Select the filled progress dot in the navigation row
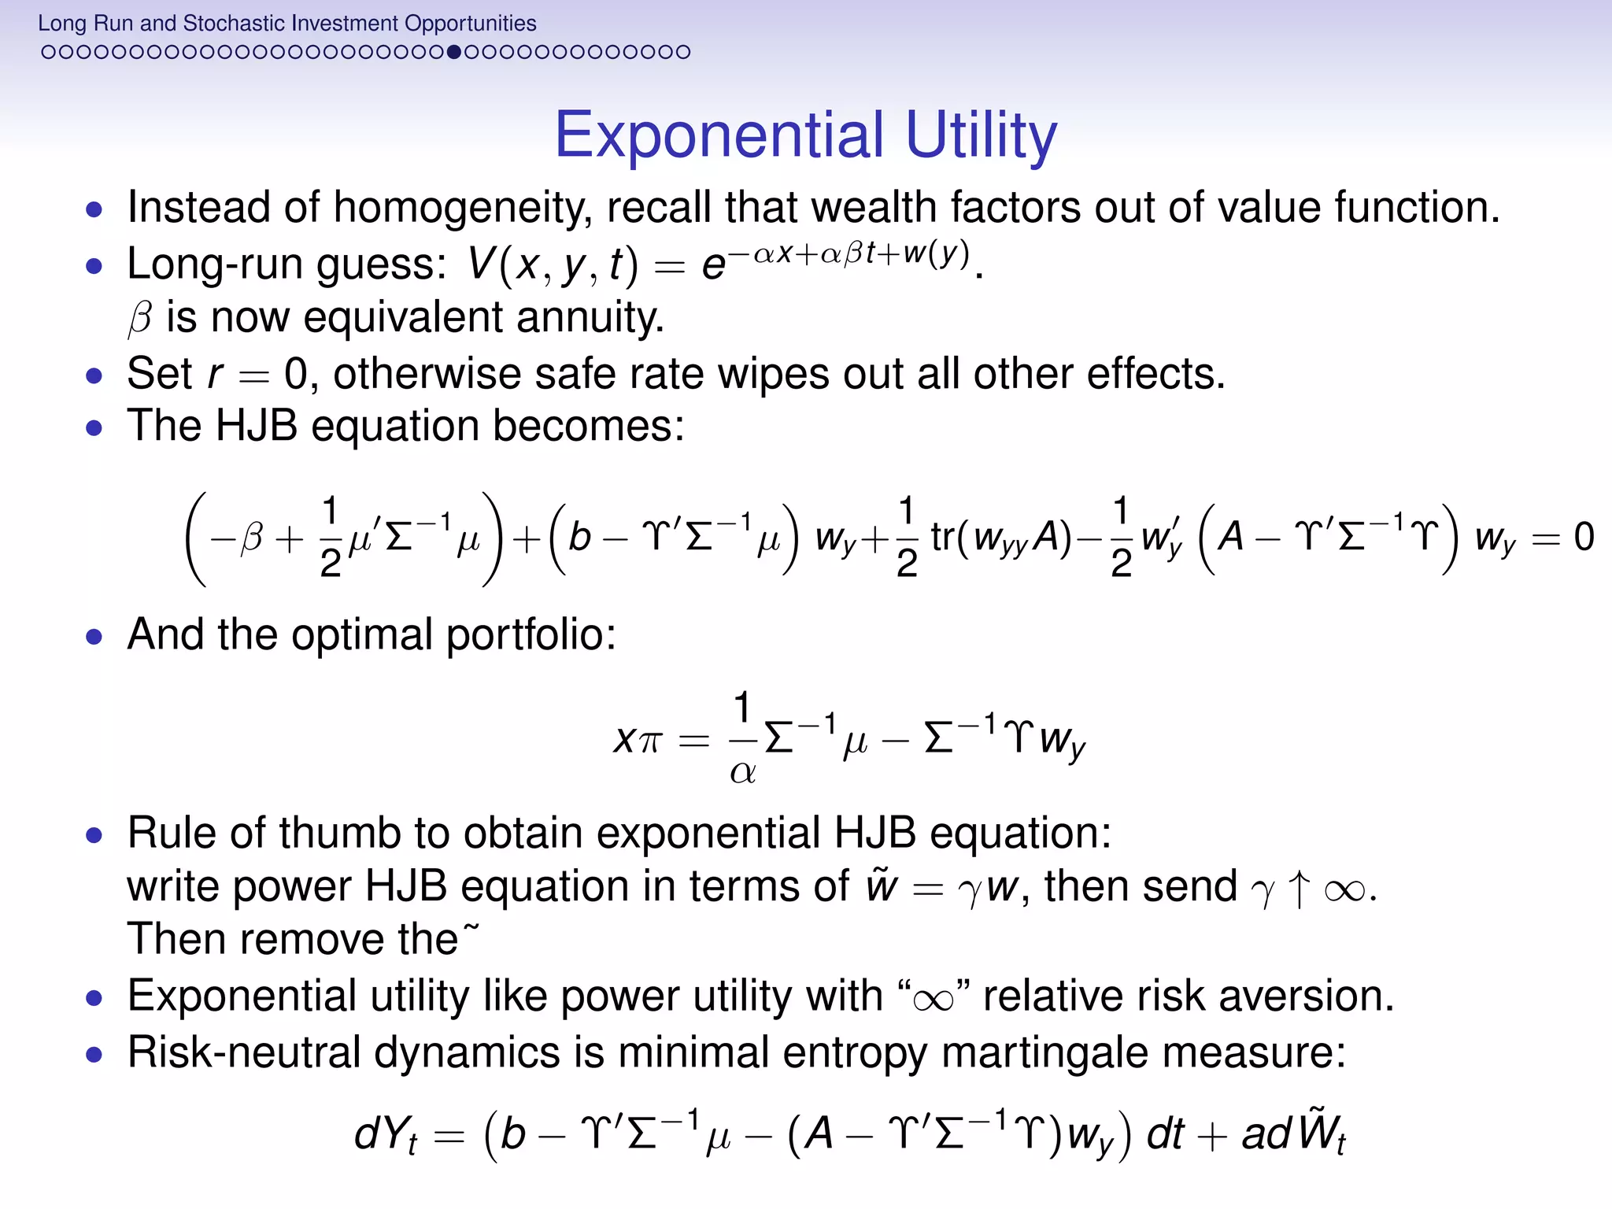click(453, 52)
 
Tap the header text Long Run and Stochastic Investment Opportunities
click(287, 23)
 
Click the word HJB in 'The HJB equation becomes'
click(256, 426)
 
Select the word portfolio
click(531, 634)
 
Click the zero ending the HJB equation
click(1584, 537)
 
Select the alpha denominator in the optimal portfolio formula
click(742, 772)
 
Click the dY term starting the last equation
click(385, 1135)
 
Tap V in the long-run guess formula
click(481, 264)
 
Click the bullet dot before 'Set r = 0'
click(94, 375)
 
